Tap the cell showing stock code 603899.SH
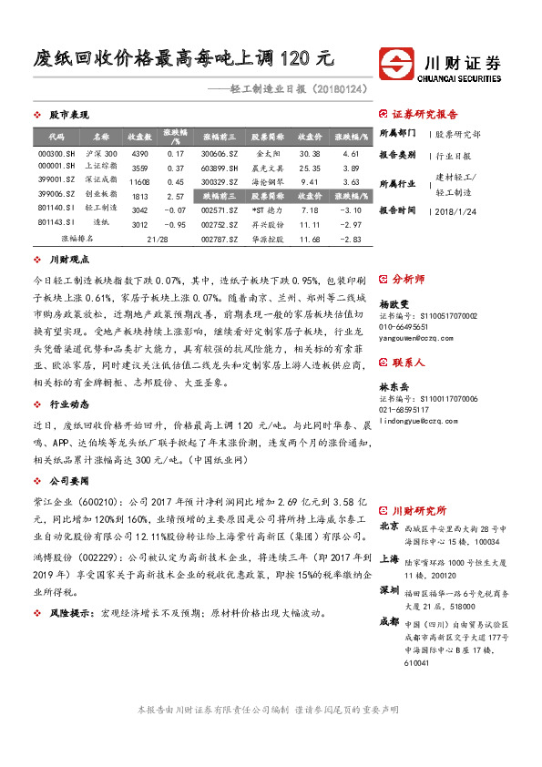(220, 168)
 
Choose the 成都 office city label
(389, 621)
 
